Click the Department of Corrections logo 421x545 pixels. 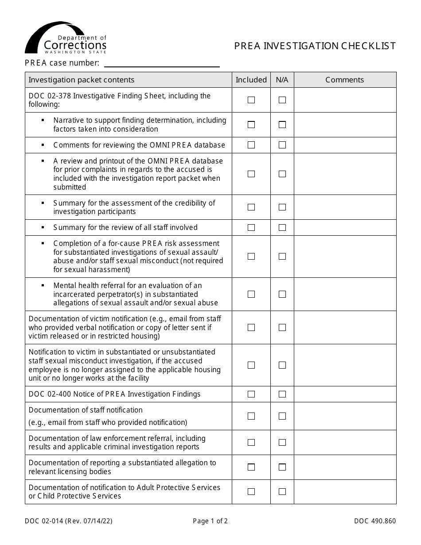66,38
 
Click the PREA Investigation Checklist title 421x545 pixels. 315,46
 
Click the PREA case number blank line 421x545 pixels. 161,63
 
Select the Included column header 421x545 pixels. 251,80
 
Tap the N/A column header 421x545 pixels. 282,80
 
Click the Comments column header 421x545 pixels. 344,80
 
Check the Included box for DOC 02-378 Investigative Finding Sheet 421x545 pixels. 251,100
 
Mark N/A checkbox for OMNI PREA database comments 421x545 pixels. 282,145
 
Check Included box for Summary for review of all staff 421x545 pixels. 251,227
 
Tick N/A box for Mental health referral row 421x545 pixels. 282,294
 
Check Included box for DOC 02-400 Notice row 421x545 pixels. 251,394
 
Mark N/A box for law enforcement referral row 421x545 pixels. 282,442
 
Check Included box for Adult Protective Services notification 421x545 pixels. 251,491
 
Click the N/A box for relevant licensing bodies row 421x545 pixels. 282,467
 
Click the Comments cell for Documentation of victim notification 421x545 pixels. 345,327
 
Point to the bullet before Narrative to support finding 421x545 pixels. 43,120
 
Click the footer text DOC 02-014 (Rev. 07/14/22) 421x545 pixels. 68,521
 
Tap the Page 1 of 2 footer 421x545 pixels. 210,521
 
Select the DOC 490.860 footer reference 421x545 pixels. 374,521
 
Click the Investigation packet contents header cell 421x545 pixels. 82,80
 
